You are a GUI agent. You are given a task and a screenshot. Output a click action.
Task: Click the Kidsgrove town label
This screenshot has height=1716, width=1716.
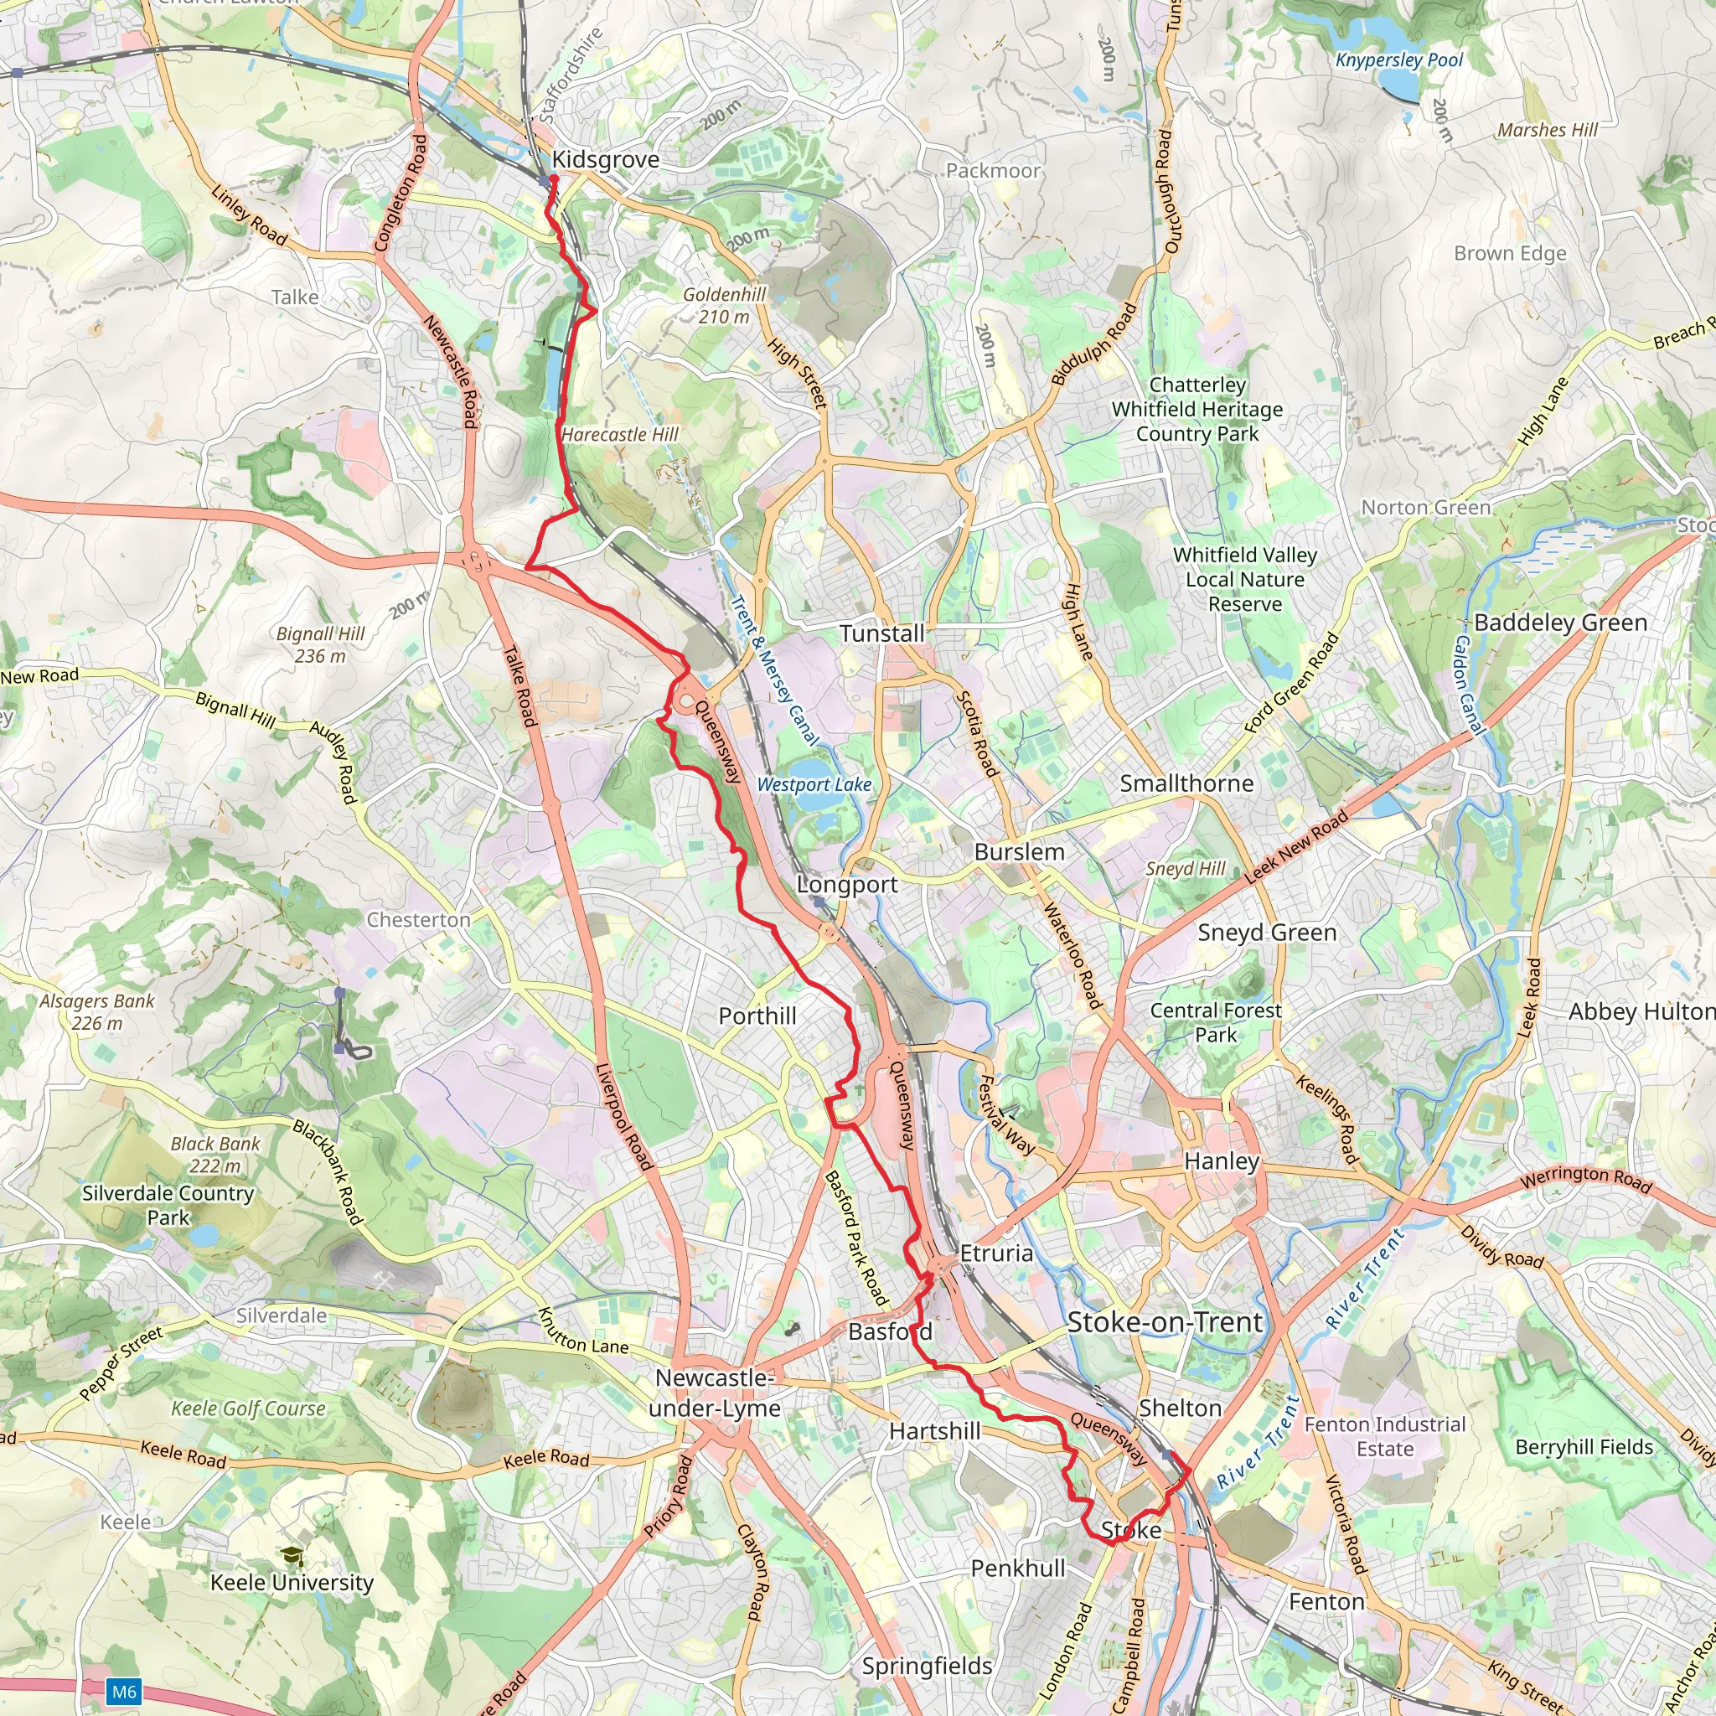(605, 160)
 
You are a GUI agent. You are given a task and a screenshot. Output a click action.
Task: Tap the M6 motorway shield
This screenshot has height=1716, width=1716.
(123, 1691)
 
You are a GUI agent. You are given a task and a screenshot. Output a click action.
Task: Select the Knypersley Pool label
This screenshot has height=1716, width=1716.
(1399, 60)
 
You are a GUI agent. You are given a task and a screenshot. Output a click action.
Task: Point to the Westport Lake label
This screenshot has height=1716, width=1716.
(814, 784)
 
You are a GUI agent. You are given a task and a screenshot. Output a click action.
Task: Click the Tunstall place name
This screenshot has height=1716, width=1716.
(882, 633)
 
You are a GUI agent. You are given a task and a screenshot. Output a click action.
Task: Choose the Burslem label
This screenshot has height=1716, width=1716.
(1019, 852)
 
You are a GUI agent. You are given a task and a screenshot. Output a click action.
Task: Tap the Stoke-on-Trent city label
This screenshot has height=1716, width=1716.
(1165, 1321)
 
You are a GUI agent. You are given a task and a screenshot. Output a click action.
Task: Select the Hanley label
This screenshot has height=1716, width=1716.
(1222, 1160)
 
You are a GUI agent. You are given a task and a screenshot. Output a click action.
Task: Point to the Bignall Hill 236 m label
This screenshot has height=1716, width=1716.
(320, 645)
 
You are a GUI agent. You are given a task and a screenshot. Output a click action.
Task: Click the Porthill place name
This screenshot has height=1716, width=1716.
(757, 1016)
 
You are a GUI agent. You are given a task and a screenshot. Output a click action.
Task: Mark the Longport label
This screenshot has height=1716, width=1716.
(846, 885)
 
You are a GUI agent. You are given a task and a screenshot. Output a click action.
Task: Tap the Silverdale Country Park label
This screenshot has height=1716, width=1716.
(168, 1205)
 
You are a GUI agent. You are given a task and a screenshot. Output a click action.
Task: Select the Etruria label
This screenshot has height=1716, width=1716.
(995, 1253)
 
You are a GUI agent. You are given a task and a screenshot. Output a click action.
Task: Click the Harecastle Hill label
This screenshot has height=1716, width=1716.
(620, 434)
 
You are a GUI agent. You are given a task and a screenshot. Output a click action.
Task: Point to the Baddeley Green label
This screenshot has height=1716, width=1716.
(1559, 623)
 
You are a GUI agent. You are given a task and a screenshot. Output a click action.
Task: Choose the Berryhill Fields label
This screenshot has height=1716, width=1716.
(1584, 1447)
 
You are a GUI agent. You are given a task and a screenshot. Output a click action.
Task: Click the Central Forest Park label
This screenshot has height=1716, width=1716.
(1215, 1022)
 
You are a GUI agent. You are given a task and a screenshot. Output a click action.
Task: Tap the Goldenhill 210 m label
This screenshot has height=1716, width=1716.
(724, 306)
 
